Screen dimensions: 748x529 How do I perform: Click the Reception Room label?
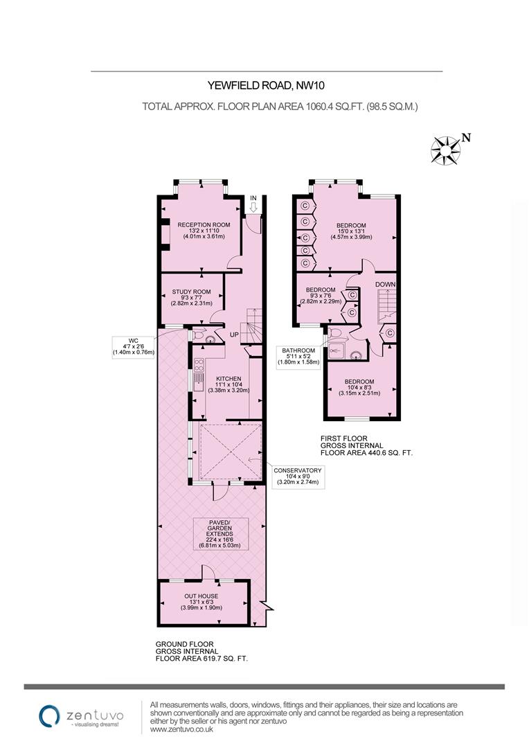pos(204,230)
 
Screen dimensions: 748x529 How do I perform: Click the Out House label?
pos(201,601)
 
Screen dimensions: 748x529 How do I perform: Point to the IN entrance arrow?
pos(253,202)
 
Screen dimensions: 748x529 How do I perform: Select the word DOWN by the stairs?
pos(386,285)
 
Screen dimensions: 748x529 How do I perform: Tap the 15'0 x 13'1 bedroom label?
pos(355,231)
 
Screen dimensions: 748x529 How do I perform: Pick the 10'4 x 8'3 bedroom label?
pos(360,387)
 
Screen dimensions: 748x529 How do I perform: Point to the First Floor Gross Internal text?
pos(366,445)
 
